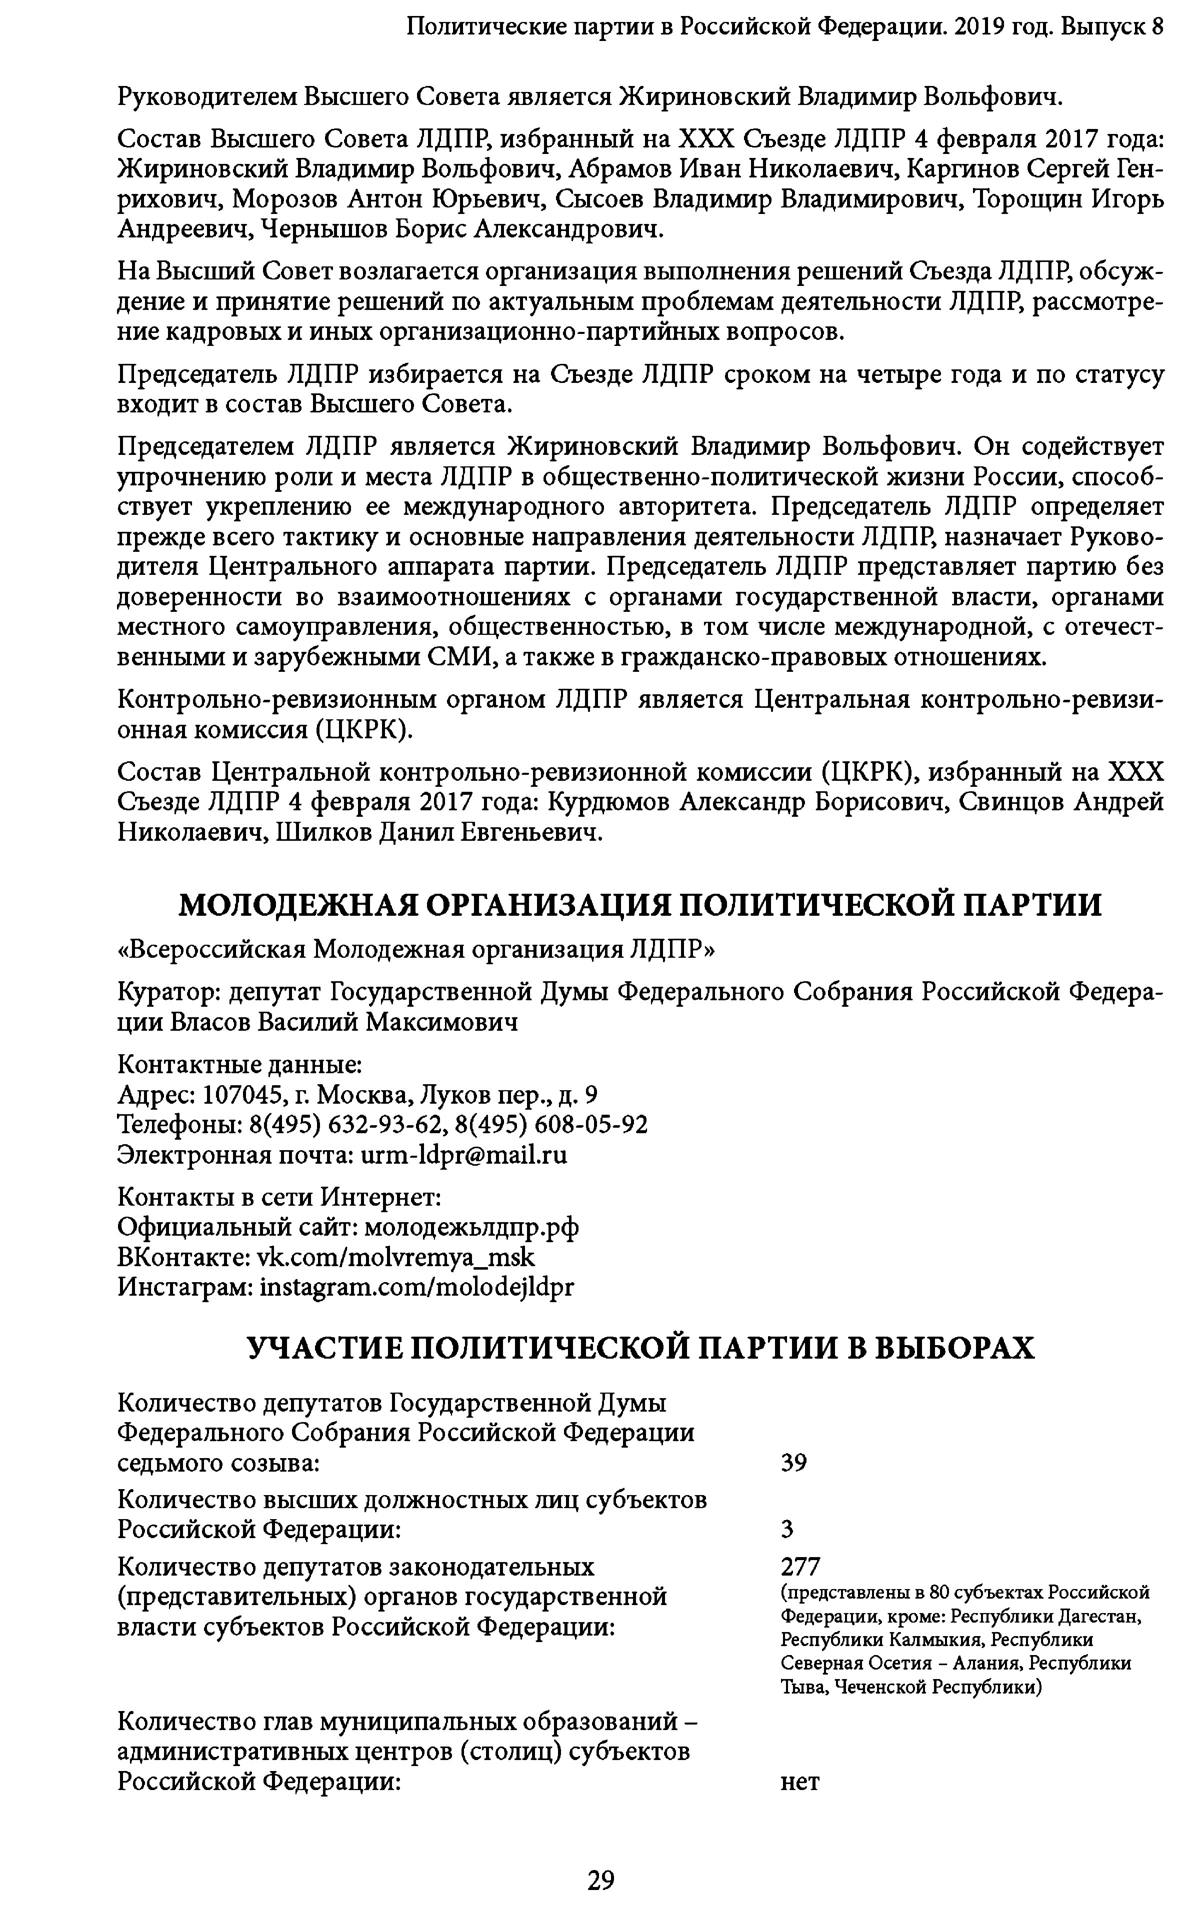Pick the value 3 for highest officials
tap(787, 1529)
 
